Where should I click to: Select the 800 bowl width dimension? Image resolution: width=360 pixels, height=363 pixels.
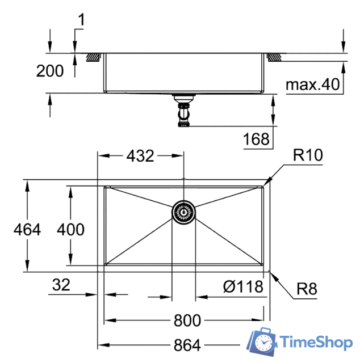coord(187,320)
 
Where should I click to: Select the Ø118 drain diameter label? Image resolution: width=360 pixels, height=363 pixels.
coord(244,287)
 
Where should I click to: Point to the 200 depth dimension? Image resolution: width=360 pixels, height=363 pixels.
coord(50,71)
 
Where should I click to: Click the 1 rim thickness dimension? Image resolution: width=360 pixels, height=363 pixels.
coord(81,20)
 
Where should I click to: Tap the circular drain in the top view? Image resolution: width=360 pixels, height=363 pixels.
coord(184,212)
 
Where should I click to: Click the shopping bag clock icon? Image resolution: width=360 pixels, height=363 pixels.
coord(263,341)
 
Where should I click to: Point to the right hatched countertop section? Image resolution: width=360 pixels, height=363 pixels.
coord(274,57)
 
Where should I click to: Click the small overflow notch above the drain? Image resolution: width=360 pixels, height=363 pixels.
coord(184,181)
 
